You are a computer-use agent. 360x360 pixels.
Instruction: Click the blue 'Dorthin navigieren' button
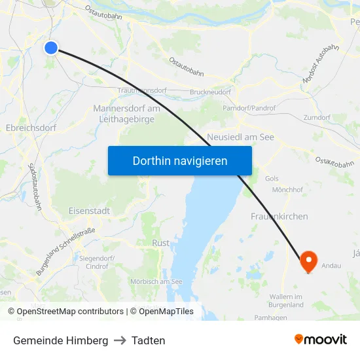pos(179,160)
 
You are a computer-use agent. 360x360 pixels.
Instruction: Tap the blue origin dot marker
pos(51,47)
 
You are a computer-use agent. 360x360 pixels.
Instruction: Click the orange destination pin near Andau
pos(308,262)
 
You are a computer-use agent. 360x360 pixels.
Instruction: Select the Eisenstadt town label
pos(89,211)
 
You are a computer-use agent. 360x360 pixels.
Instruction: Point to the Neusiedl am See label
pos(240,137)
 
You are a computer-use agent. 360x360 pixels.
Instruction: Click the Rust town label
pos(160,243)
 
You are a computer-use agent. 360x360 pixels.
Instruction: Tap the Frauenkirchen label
pos(279,216)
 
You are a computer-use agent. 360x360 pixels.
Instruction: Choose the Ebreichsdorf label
pos(31,128)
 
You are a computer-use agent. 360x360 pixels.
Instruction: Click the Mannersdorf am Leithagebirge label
pos(126,113)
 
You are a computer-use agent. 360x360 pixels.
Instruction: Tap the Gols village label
pos(271,178)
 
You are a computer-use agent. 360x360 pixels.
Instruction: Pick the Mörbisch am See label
pos(156,281)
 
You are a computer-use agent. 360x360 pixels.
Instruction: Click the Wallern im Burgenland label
pos(286,300)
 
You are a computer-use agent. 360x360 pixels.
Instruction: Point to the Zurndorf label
pos(317,117)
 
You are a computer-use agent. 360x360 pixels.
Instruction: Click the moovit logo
pos(320,340)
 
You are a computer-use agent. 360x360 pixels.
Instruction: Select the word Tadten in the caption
pos(148,340)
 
